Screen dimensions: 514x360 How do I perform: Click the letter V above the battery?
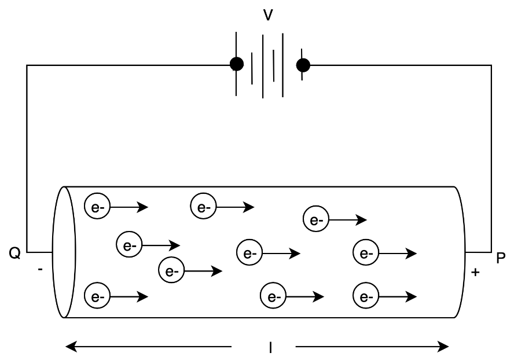tap(268, 15)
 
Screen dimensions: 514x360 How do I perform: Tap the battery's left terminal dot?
tap(237, 64)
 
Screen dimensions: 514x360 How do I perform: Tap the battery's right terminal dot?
tap(303, 65)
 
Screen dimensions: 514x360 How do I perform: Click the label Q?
tap(14, 253)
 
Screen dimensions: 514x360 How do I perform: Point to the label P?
tap(501, 258)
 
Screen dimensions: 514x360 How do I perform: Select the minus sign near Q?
tap(40, 269)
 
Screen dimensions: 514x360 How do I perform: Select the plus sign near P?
tap(475, 272)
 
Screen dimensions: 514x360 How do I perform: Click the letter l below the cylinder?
tap(270, 347)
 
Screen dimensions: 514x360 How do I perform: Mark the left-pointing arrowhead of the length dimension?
tap(71, 347)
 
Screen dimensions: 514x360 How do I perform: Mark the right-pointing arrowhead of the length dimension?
tap(443, 347)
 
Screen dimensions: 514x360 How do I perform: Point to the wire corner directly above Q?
tap(27, 65)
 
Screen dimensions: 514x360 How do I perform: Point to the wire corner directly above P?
tap(491, 65)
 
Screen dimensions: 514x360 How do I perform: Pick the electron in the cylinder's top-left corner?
tap(97, 206)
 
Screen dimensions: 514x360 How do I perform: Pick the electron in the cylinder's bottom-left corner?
tap(97, 296)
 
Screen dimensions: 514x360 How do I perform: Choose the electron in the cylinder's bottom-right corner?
tap(366, 296)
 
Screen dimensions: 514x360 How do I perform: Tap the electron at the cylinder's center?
tap(249, 252)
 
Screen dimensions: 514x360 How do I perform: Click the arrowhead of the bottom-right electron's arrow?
tap(411, 297)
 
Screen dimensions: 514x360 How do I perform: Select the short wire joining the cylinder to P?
tap(478, 252)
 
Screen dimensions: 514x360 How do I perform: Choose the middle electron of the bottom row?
tap(273, 296)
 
